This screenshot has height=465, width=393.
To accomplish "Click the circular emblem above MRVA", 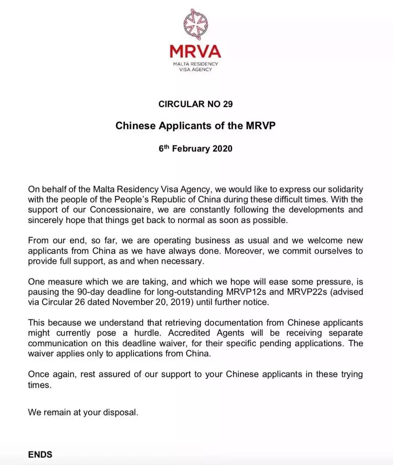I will [x=195, y=24].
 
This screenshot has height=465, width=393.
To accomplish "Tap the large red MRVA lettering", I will [x=195, y=51].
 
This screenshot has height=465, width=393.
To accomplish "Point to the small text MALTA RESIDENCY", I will [x=195, y=64].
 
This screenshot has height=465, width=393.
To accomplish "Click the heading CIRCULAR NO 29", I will [x=195, y=104].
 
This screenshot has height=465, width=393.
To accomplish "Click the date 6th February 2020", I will [x=195, y=149].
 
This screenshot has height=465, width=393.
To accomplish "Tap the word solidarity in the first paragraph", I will [x=345, y=189].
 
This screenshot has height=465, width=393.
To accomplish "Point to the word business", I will [x=213, y=241].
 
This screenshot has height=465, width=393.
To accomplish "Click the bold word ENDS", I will [x=40, y=455].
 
